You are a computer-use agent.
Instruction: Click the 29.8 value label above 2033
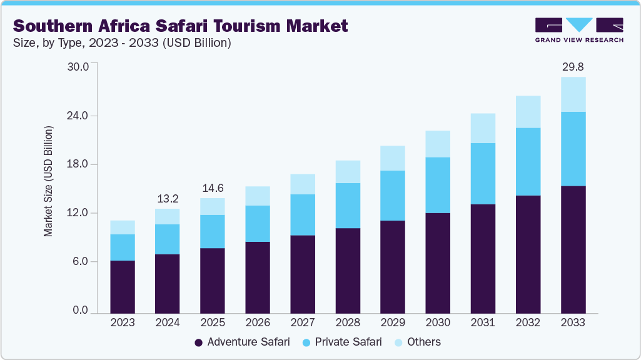[573, 67]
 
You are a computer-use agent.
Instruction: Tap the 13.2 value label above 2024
[168, 199]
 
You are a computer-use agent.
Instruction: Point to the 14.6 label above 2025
[213, 188]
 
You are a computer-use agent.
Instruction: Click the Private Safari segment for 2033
[573, 149]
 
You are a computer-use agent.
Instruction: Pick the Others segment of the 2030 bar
[438, 144]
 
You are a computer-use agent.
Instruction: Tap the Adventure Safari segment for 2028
[348, 270]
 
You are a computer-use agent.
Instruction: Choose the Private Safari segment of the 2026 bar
[258, 223]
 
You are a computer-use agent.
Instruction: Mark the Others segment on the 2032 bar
[528, 112]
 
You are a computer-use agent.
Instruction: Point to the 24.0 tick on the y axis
[79, 116]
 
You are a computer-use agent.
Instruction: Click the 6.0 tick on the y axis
[82, 261]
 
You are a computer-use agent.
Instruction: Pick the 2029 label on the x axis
[393, 322]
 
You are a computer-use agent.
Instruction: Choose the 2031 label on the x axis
[483, 322]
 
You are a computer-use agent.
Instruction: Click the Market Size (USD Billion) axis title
[48, 181]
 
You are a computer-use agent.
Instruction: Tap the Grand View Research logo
[578, 29]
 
